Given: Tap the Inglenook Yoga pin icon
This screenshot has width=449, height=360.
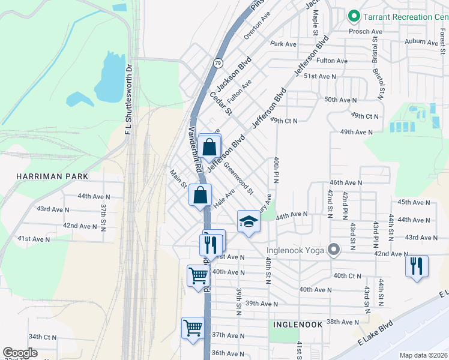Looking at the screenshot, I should pyautogui.click(x=334, y=250).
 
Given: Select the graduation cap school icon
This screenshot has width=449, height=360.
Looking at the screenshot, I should pyautogui.click(x=249, y=222).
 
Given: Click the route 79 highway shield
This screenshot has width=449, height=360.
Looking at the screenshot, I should pyautogui.click(x=218, y=62).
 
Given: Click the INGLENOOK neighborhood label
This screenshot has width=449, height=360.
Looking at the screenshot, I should pyautogui.click(x=298, y=324).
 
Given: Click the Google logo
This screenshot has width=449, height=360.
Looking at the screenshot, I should pyautogui.click(x=20, y=353).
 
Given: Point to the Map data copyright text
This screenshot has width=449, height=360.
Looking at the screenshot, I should pyautogui.click(x=423, y=355).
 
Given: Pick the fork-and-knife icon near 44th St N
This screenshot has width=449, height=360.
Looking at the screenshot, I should pyautogui.click(x=417, y=265).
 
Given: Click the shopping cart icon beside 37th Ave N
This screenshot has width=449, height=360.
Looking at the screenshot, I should pyautogui.click(x=193, y=328).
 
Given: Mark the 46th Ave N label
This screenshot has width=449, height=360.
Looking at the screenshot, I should pyautogui.click(x=346, y=182).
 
